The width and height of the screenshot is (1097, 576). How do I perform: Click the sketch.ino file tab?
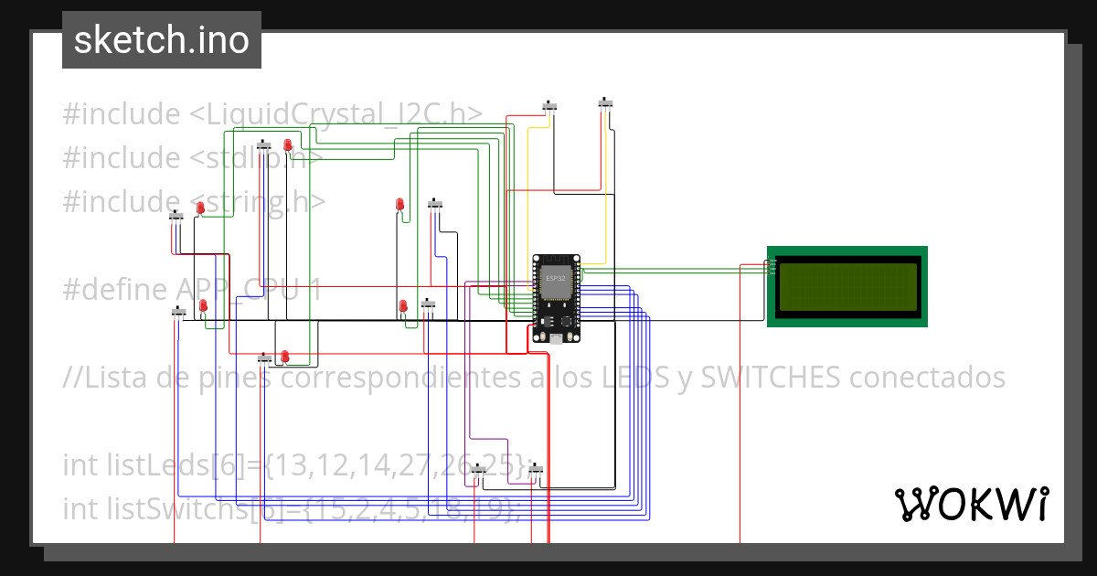coord(162,40)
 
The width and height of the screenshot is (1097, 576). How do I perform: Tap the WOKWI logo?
coord(970,504)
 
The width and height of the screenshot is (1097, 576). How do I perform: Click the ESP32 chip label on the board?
coord(555,277)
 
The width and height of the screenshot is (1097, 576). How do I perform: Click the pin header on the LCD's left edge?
coord(772,266)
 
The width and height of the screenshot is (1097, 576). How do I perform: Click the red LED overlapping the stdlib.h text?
coord(287,145)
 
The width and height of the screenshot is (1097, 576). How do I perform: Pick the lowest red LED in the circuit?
coord(284,356)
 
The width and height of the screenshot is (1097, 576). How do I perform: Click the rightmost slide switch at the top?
coord(605,102)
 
